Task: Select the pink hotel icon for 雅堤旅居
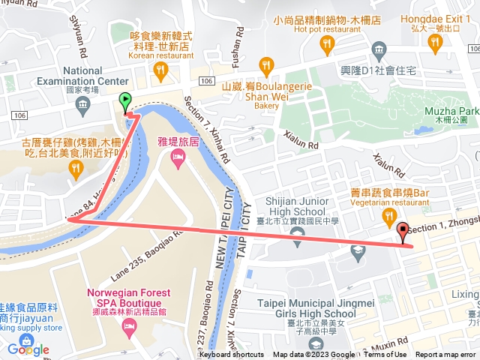click(177, 156)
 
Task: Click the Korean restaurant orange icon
click(160, 70)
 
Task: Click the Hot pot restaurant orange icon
click(326, 46)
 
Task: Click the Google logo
click(28, 349)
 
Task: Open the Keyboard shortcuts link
click(232, 355)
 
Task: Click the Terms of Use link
click(387, 355)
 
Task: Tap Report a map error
click(447, 355)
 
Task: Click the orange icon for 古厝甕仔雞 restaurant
click(75, 169)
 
